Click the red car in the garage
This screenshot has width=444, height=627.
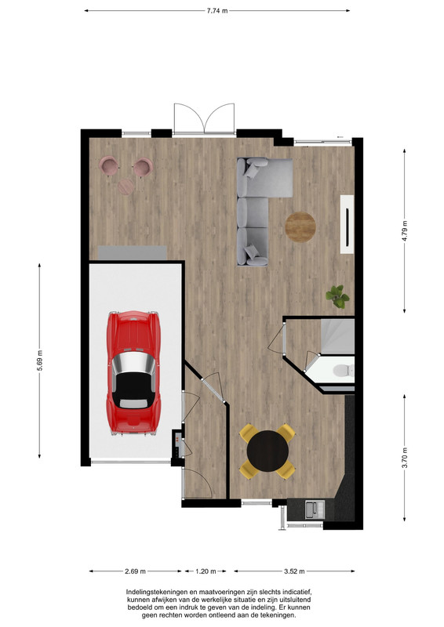click(133, 373)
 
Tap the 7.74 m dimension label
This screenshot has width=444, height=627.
click(217, 11)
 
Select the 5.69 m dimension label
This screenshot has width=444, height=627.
click(40, 361)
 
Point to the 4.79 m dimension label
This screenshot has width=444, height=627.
click(405, 230)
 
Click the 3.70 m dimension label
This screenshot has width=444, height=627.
click(405, 458)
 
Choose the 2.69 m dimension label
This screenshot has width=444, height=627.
click(135, 571)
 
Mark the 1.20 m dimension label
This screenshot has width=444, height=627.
click(206, 571)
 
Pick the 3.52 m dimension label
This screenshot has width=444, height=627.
click(294, 571)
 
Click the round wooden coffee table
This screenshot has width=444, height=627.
click(300, 227)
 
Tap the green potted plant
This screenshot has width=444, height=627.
click(337, 296)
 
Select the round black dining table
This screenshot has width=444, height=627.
click(267, 451)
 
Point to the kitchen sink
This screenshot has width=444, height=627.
click(315, 509)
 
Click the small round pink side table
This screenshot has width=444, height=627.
click(126, 187)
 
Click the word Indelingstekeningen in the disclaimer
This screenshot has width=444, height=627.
click(155, 592)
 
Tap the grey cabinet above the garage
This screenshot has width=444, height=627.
click(133, 253)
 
